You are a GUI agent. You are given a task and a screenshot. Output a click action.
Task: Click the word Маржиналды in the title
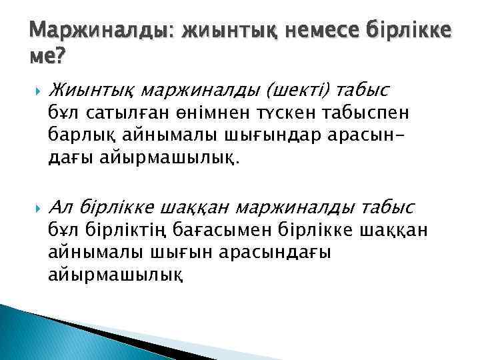click(102, 30)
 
